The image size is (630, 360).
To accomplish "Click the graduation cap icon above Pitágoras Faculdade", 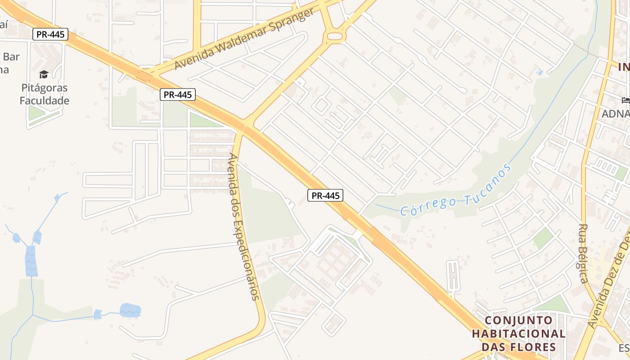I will tap(44, 74).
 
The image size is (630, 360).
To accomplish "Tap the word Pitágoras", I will tap(44, 88).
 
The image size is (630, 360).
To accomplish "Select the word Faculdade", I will tap(44, 100).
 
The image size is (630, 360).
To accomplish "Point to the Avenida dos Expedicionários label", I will tap(243, 227).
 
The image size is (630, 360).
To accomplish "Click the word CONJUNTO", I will tap(519, 321).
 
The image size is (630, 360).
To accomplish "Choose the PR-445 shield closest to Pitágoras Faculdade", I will tap(50, 34).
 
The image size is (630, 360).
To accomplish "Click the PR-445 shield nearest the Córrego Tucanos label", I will tap(325, 195).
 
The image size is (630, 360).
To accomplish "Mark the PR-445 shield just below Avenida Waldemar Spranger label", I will tap(178, 94).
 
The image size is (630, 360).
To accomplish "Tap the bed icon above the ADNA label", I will tap(625, 100).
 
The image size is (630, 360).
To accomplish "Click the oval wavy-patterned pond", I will tap(130, 310).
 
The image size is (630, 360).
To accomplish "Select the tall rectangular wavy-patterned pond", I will tap(31, 261).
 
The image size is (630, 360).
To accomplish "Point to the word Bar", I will tap(11, 57).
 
